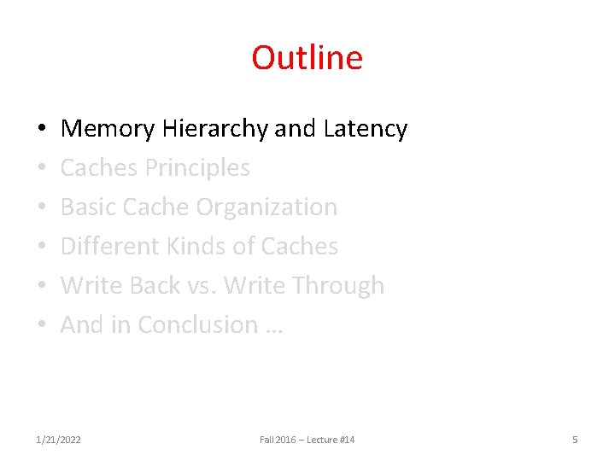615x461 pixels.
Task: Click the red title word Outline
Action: pyautogui.click(x=307, y=58)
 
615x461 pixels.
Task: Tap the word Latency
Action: pyautogui.click(x=366, y=129)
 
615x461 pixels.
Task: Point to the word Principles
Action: pyautogui.click(x=197, y=168)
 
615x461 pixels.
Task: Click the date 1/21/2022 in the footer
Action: pyautogui.click(x=58, y=440)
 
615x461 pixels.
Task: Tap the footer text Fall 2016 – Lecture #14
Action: pyautogui.click(x=307, y=440)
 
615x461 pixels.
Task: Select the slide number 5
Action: pyautogui.click(x=575, y=440)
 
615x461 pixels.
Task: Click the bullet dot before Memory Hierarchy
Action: pyautogui.click(x=42, y=130)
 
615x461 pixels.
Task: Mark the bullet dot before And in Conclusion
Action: pyautogui.click(x=42, y=326)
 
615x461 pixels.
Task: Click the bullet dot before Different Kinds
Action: pyautogui.click(x=42, y=248)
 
